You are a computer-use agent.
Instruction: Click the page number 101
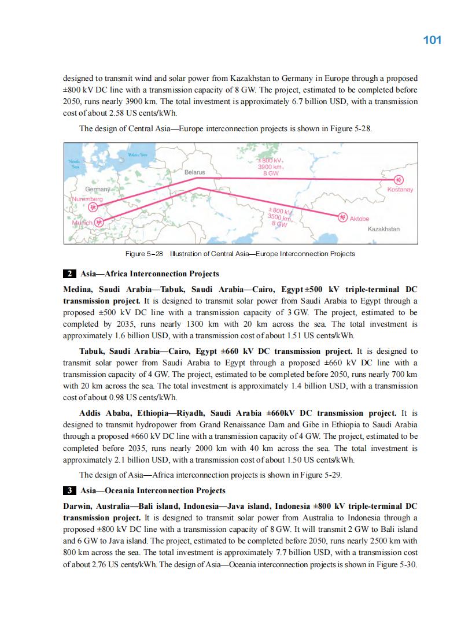(432, 40)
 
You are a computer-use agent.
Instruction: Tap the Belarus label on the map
(194, 172)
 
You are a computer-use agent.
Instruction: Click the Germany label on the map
(98, 190)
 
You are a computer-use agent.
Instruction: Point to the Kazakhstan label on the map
(384, 229)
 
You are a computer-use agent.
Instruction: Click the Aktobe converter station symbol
(342, 217)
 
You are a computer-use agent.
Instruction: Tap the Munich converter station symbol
(99, 221)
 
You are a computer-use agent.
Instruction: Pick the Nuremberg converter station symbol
(92, 208)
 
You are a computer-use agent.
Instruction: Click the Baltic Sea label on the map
(137, 155)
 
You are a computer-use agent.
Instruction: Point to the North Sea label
(74, 162)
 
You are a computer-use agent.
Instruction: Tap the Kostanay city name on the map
(400, 190)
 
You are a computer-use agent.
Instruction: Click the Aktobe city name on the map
(359, 219)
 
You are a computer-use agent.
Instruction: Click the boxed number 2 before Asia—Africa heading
(69, 273)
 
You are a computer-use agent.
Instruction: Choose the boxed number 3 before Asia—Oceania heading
(69, 491)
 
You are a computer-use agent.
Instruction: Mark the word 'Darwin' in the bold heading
(79, 506)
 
